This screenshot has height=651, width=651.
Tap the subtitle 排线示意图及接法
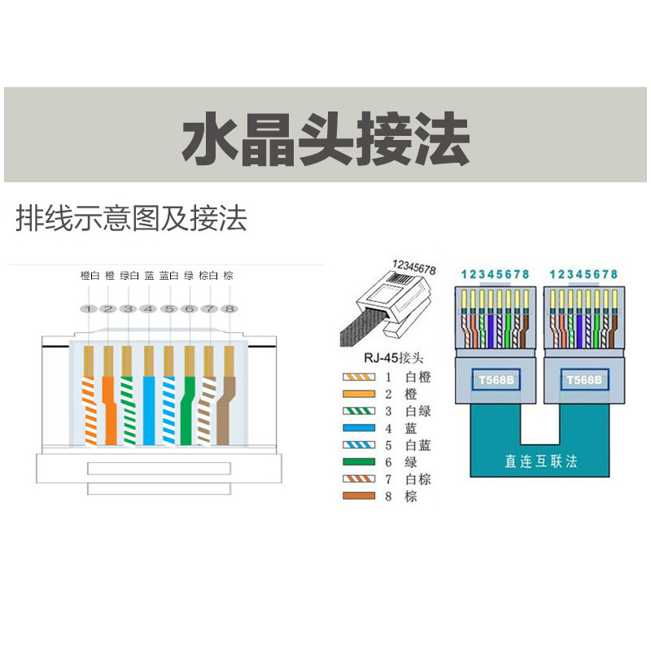tap(130, 218)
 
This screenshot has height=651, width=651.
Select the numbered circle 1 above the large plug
tap(89, 309)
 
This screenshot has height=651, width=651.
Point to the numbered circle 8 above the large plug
tap(229, 309)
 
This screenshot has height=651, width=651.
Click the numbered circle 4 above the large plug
tap(149, 309)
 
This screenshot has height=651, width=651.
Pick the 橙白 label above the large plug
tap(90, 276)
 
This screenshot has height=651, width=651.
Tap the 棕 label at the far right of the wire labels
tap(228, 276)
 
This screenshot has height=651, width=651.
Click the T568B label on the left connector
tap(495, 380)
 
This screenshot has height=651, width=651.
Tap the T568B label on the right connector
tap(584, 380)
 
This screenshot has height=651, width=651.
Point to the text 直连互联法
tap(540, 461)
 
